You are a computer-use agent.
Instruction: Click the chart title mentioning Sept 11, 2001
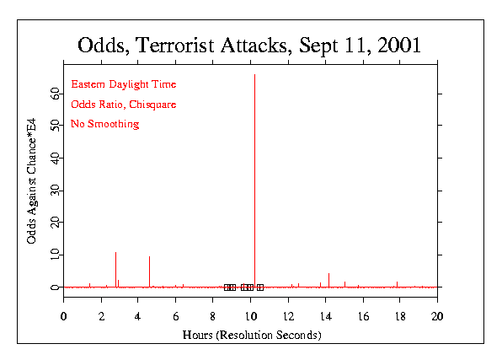[x=249, y=44]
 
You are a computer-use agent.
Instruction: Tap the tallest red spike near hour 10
[x=254, y=169]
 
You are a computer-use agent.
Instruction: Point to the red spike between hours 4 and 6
[x=149, y=271]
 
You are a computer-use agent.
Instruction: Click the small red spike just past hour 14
[x=328, y=279]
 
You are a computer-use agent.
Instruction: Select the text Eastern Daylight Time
[x=123, y=84]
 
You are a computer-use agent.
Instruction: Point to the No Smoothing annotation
[x=104, y=125]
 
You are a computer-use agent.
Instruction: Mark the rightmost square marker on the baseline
[x=260, y=287]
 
